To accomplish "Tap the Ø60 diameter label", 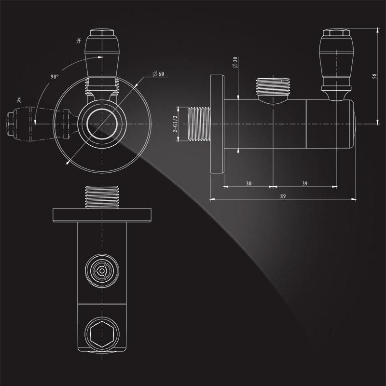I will click(158, 73).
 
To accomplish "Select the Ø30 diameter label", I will click(235, 62).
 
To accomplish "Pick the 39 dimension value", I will click(304, 183).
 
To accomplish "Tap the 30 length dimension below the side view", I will click(248, 183).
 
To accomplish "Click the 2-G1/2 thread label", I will click(177, 124).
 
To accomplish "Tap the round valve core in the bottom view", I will click(102, 272).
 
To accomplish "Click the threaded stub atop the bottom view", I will click(102, 197).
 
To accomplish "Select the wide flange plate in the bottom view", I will click(102, 213).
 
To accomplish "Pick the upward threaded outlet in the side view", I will click(273, 87).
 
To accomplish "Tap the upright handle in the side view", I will click(336, 58).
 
